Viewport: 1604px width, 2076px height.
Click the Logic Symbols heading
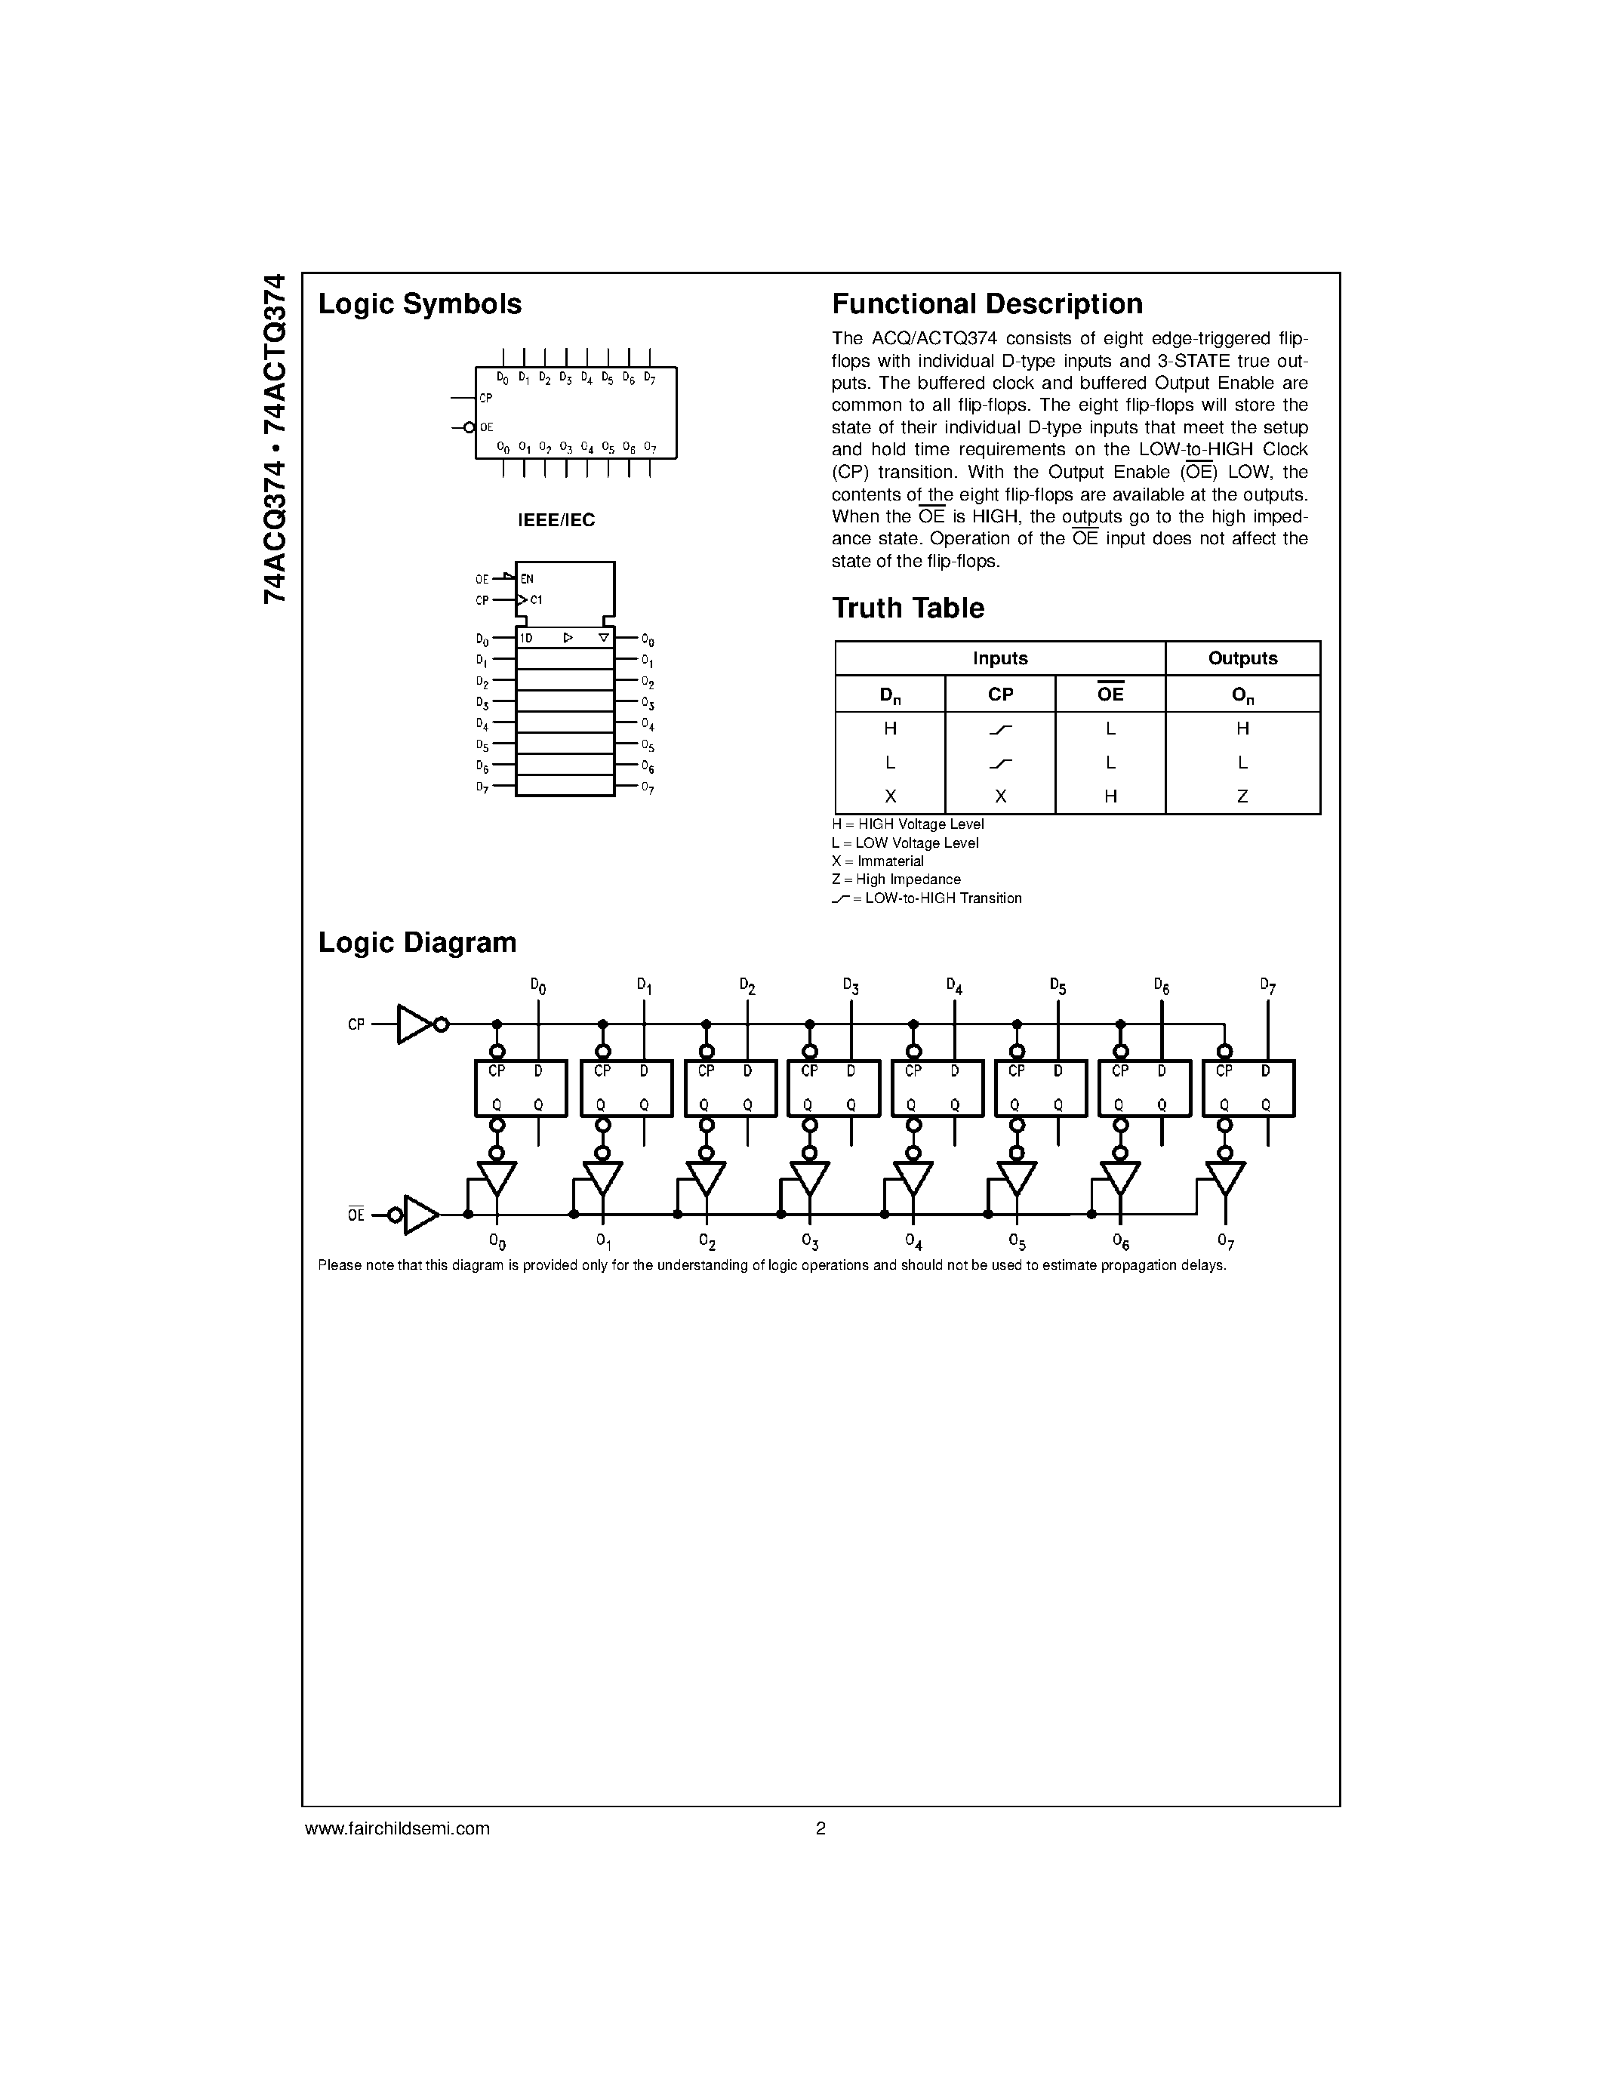point(419,304)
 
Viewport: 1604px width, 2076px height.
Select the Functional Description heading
point(987,304)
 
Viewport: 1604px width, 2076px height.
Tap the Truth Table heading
point(907,608)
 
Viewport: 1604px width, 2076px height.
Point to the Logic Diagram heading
point(417,942)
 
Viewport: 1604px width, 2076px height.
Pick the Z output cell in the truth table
point(1242,796)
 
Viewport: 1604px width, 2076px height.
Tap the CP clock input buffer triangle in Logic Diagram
point(414,1024)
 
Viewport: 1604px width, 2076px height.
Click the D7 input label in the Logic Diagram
point(1267,986)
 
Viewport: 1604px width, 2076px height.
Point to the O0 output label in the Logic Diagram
point(497,1241)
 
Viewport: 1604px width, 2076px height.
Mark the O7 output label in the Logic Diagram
point(1225,1241)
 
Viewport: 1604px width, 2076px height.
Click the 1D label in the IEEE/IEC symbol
point(525,639)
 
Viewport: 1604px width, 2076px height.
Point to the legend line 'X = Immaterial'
point(877,861)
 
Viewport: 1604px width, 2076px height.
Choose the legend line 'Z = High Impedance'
point(895,879)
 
